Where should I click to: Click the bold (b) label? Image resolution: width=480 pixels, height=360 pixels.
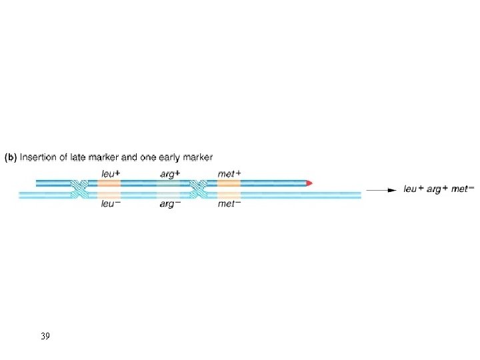point(11,158)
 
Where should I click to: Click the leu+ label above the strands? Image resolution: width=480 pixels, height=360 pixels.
point(109,173)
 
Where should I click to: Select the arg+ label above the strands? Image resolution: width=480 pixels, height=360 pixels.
point(169,173)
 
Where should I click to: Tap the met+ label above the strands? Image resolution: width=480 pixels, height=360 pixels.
point(229,173)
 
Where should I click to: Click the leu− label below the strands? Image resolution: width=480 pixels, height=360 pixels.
point(109,204)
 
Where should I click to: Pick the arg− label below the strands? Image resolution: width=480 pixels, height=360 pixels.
point(169,204)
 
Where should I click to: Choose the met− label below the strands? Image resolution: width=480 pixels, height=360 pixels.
point(229,204)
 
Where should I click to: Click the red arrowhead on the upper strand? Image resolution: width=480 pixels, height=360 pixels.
point(309,183)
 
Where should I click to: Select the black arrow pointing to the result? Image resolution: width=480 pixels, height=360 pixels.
point(381,190)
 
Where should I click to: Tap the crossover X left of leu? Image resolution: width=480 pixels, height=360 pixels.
point(80,189)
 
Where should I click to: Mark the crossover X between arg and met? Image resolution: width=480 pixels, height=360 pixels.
point(198,189)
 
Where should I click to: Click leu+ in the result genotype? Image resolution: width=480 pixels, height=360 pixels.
point(415,189)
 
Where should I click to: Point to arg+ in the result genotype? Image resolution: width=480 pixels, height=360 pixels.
point(437,189)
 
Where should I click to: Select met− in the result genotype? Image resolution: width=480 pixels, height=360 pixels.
point(459,189)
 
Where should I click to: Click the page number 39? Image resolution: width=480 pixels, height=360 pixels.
point(45,335)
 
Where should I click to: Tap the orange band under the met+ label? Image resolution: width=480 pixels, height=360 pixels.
point(229,183)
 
